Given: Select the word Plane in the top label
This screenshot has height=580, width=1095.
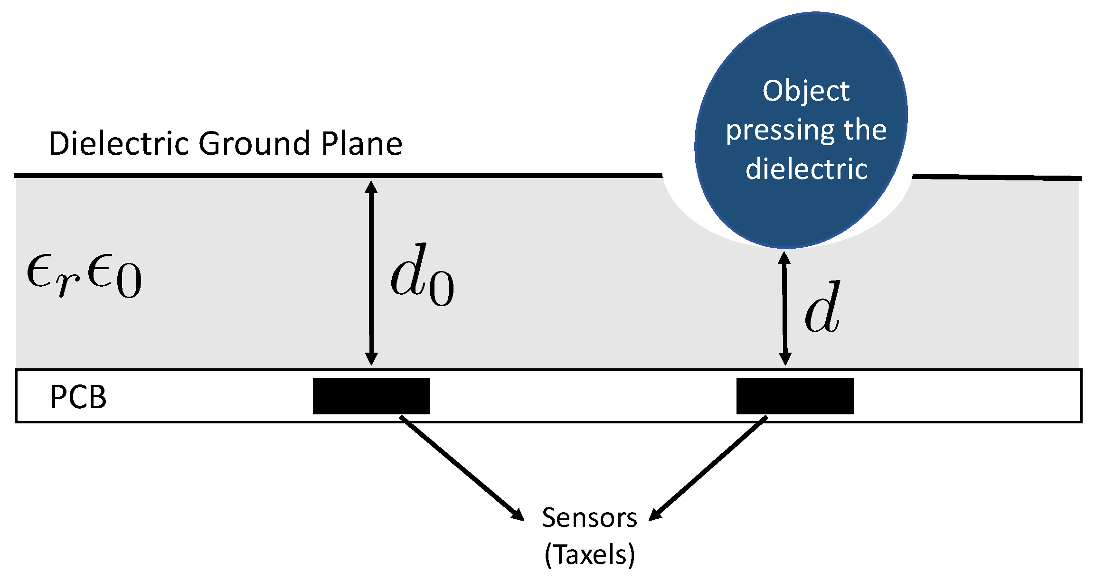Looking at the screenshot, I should [x=362, y=143].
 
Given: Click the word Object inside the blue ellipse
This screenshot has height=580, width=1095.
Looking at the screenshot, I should [x=806, y=91].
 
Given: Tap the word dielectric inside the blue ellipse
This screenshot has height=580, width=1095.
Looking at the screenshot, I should [x=806, y=169].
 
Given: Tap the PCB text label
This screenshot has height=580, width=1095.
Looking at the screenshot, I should [x=78, y=397].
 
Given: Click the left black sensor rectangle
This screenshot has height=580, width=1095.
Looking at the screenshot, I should [x=371, y=396].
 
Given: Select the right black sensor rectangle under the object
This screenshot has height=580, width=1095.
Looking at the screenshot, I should [x=795, y=396].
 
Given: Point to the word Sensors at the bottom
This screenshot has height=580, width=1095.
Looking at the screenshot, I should [x=589, y=517].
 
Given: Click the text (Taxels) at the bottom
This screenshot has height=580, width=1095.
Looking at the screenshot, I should [x=589, y=554].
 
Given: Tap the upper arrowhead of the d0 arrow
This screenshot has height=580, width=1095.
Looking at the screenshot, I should [x=371, y=186].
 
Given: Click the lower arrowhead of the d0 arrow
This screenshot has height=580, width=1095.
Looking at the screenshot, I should [x=371, y=359].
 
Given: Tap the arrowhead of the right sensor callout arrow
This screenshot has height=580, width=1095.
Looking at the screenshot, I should [x=655, y=515].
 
